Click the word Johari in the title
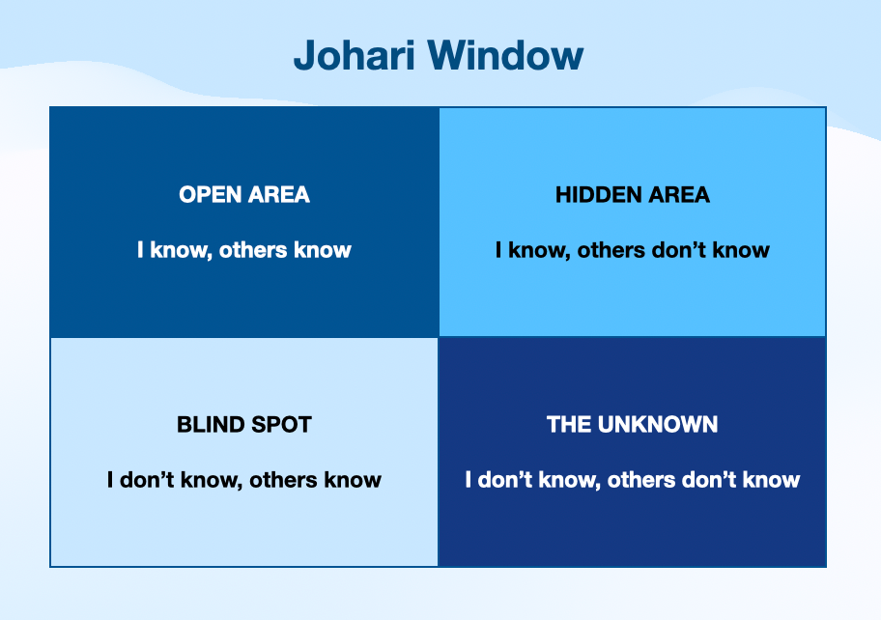[x=355, y=56]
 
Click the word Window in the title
[x=505, y=56]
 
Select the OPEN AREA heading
[x=244, y=195]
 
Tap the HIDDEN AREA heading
[x=633, y=195]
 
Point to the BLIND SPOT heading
[x=244, y=425]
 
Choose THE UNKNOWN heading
[x=633, y=425]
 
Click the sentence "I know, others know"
[x=244, y=250]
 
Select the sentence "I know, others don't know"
[x=633, y=250]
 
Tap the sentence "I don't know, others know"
[x=244, y=480]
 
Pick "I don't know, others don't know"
[x=633, y=480]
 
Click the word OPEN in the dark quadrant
[x=211, y=195]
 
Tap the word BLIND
[x=211, y=425]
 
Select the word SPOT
[x=281, y=425]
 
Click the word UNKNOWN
[x=658, y=425]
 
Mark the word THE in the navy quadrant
[x=569, y=425]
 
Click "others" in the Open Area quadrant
[x=253, y=250]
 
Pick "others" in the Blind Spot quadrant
[x=284, y=480]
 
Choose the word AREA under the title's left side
[x=279, y=195]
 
